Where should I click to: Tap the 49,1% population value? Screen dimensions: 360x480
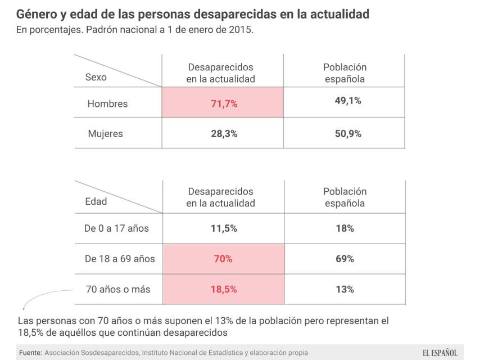click(345, 101)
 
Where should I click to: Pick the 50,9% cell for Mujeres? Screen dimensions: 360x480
click(345, 134)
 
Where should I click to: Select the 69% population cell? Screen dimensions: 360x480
click(345, 259)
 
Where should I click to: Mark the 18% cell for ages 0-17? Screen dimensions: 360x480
click(345, 228)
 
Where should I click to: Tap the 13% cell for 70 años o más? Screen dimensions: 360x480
click(345, 290)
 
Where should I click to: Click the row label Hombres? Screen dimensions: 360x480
click(107, 104)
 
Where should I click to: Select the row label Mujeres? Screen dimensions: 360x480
click(105, 134)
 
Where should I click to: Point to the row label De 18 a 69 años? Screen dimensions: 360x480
click(120, 259)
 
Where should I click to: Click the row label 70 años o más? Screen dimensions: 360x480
click(118, 290)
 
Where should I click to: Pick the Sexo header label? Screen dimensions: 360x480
click(96, 78)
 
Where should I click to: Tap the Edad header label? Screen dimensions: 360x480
click(96, 201)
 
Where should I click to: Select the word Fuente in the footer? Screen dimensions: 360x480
click(30, 353)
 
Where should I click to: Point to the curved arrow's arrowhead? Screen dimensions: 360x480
click(24, 308)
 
